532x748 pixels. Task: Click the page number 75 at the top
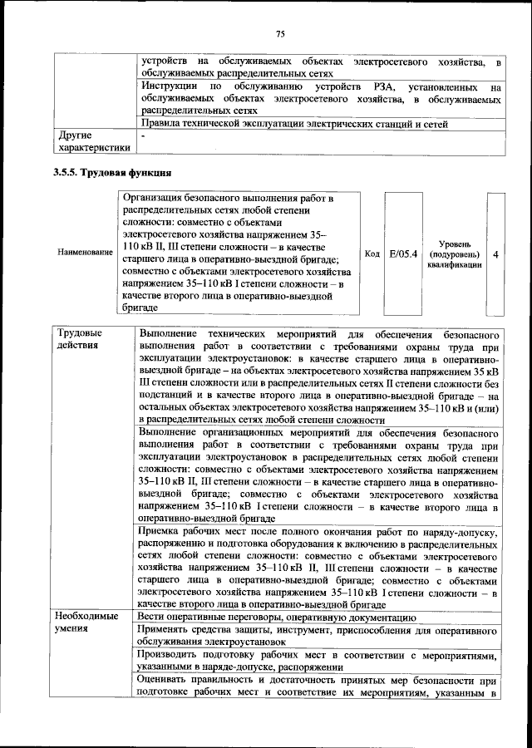[x=280, y=34]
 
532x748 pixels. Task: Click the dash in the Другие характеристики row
[x=143, y=134]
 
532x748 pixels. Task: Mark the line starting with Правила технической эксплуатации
[x=295, y=124]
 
